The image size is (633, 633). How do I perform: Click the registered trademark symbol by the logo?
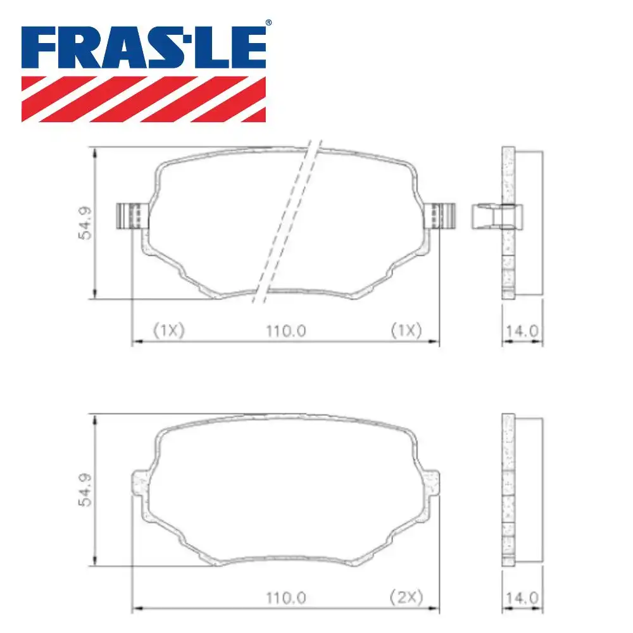(x=268, y=23)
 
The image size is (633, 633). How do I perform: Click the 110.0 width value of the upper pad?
(x=286, y=330)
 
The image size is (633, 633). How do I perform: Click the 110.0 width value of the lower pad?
(x=286, y=596)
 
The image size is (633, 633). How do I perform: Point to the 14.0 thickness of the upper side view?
(x=523, y=330)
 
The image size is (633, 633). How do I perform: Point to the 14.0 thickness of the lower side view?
(x=523, y=596)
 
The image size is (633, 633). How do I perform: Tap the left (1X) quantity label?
(x=168, y=330)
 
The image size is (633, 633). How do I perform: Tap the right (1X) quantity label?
(x=405, y=330)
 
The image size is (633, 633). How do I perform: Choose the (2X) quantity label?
(x=405, y=596)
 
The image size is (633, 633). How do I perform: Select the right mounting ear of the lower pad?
(x=432, y=484)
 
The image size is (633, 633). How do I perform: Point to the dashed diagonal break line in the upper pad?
(x=285, y=222)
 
